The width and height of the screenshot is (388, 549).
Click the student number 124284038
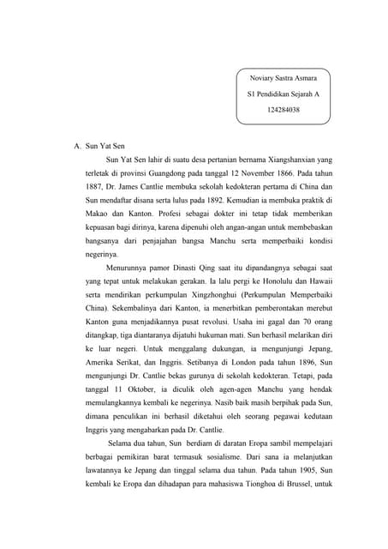[x=284, y=110]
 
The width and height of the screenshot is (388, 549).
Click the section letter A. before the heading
[x=78, y=145]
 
